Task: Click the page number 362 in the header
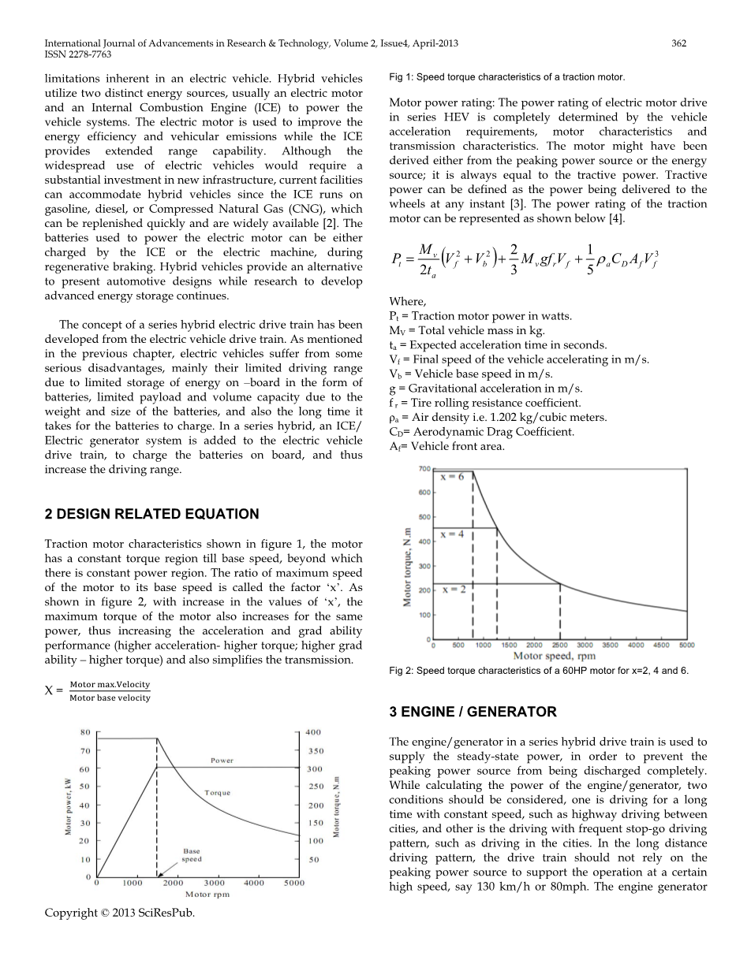point(678,43)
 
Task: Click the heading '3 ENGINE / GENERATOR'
point(473,712)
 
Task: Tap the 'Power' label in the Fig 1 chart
point(222,761)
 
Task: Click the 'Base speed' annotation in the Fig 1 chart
point(192,855)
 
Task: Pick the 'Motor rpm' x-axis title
point(207,895)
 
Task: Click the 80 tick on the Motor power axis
point(84,731)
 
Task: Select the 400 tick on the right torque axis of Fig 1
point(313,731)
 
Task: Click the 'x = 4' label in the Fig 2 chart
point(453,534)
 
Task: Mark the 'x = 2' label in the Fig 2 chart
point(453,590)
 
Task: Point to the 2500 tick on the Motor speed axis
point(559,645)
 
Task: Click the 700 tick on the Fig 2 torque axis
point(423,469)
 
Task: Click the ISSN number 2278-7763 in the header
point(89,54)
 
